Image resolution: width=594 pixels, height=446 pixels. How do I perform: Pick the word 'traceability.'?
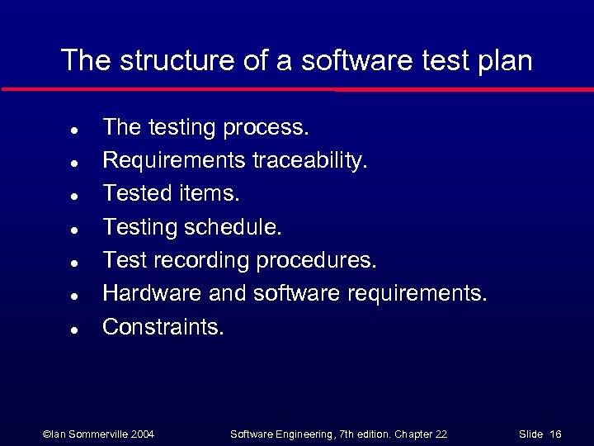tap(310, 160)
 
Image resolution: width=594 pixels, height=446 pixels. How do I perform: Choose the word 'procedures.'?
tap(316, 260)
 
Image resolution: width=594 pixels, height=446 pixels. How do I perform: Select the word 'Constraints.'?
tap(163, 326)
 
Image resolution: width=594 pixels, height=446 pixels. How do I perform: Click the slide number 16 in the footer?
tap(555, 434)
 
